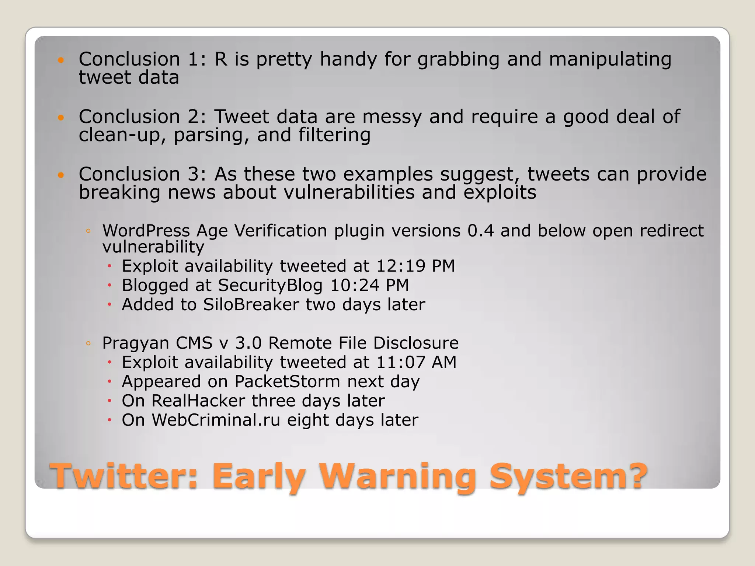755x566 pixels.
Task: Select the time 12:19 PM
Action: coord(415,266)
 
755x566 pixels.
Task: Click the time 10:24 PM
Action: coord(369,285)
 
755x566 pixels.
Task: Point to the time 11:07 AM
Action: coord(416,362)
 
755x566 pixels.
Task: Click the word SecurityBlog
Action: coord(270,285)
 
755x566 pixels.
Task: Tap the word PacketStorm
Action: coord(287,381)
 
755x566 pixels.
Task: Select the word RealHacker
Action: coord(198,401)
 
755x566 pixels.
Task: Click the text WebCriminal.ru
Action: coord(216,420)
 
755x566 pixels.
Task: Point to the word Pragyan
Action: coord(135,343)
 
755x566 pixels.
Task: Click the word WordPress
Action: coord(146,231)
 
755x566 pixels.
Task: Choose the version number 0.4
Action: coord(480,231)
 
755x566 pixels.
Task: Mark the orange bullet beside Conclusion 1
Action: coord(61,60)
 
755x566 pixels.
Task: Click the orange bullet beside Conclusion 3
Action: coord(61,175)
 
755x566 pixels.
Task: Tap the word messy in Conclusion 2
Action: coord(392,117)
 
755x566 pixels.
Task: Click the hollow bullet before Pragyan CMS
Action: coord(88,343)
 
